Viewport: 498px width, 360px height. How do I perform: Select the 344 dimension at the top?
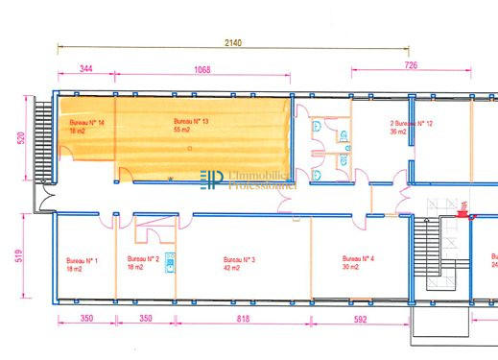(x=85, y=69)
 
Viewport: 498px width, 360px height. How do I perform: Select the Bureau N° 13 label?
(x=191, y=121)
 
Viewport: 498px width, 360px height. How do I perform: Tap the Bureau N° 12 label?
(x=412, y=124)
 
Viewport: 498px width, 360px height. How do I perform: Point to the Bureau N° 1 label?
(x=82, y=260)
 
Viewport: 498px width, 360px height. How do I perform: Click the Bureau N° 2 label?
(x=142, y=259)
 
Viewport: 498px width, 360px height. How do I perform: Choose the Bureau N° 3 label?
(x=239, y=260)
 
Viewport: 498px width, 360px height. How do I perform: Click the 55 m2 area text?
(x=181, y=129)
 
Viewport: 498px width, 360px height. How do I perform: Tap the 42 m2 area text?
(x=231, y=268)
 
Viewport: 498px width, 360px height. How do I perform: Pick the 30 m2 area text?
(x=351, y=267)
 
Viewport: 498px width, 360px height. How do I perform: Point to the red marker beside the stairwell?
(x=462, y=215)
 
